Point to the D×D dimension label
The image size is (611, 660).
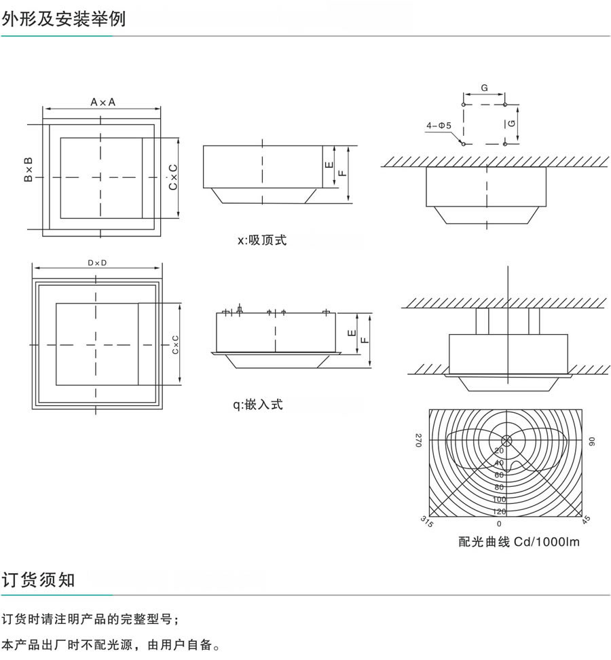98,263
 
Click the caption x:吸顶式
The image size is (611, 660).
262,240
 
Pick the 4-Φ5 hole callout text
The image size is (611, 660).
439,126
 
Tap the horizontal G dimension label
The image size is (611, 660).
484,89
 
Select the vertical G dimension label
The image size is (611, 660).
513,125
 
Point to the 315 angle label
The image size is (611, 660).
427,521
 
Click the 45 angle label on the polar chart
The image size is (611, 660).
586,519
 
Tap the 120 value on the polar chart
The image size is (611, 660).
499,511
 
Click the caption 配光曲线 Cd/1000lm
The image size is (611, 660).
519,542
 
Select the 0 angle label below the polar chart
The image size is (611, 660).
499,524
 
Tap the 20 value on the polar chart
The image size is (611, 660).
499,450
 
